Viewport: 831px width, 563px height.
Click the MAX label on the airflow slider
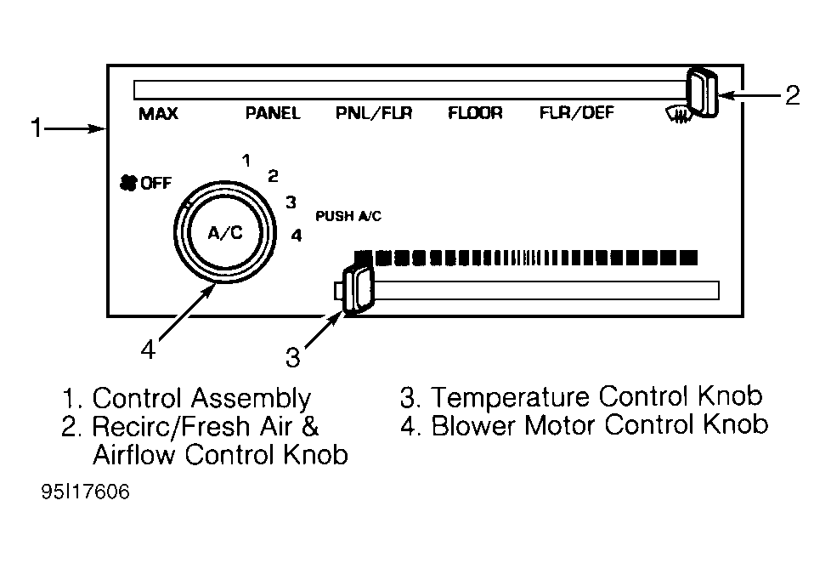(158, 114)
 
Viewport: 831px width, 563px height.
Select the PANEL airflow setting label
(273, 113)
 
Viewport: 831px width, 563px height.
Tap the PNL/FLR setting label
(374, 113)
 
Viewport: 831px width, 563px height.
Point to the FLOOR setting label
(475, 112)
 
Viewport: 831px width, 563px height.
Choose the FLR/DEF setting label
(577, 112)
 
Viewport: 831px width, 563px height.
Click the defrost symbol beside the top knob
(677, 114)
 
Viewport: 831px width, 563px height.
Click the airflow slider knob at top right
(702, 93)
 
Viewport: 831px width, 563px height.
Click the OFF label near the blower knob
(155, 183)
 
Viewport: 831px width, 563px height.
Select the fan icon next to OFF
(128, 183)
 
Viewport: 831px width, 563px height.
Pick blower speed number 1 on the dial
(246, 160)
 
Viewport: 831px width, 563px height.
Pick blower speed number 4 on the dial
(297, 235)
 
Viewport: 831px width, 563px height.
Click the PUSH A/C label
(348, 216)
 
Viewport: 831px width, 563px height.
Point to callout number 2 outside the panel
(792, 95)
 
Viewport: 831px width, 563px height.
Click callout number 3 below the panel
(292, 358)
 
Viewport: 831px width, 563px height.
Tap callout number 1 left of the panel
(37, 128)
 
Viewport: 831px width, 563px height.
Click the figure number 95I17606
(85, 492)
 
